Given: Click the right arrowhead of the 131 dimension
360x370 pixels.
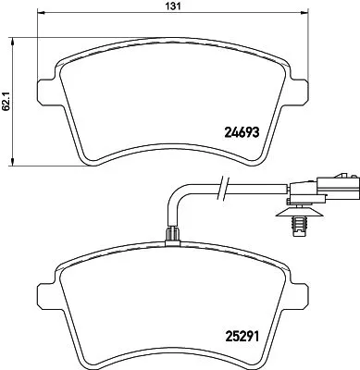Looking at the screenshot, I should pos(305,16).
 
